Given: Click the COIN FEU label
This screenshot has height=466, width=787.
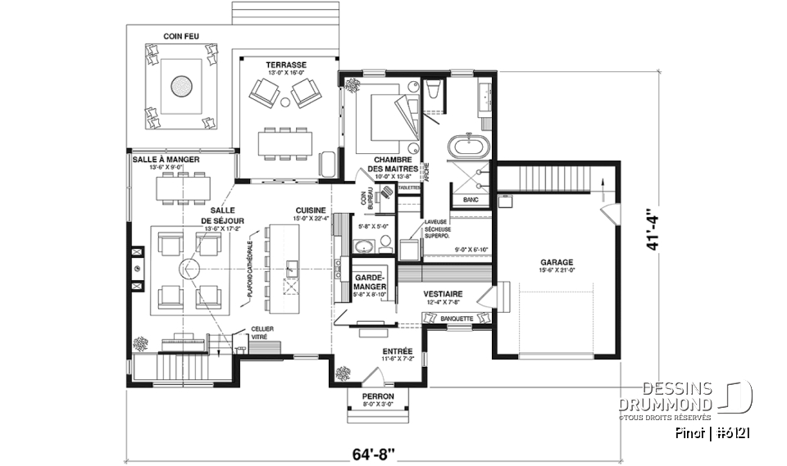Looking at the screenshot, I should point(181,36).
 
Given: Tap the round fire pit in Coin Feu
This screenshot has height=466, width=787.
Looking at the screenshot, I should point(181,84).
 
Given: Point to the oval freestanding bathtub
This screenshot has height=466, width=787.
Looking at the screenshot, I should point(469,150).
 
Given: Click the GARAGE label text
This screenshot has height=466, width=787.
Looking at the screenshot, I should point(556,261).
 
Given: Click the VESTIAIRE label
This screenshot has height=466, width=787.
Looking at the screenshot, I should point(443,294).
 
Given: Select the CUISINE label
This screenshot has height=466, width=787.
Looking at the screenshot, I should point(312,210).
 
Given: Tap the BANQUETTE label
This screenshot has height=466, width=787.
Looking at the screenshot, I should point(456,318).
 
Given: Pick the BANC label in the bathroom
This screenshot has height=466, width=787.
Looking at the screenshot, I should point(471,200).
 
